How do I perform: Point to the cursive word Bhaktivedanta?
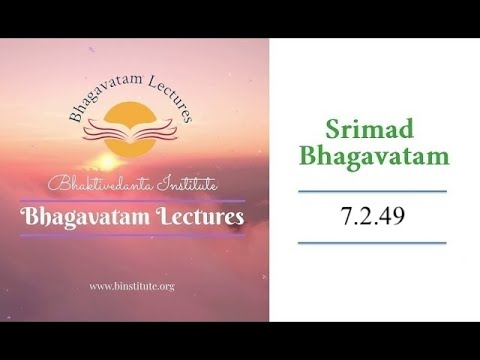[97, 186]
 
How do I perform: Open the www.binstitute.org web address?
[132, 286]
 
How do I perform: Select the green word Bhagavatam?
[372, 158]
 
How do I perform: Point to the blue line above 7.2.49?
[372, 191]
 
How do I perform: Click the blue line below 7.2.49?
[372, 242]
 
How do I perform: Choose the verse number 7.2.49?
[372, 216]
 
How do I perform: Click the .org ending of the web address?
[165, 287]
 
